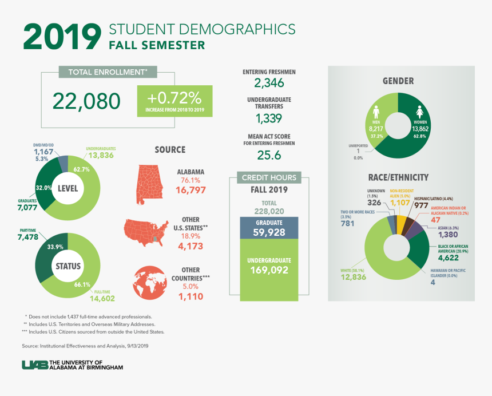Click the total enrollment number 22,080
(87, 101)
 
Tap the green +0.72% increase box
(175, 101)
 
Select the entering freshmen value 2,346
(269, 84)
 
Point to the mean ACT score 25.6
(269, 155)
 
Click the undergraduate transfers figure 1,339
(269, 118)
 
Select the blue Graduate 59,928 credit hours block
(269, 228)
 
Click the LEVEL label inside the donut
(68, 188)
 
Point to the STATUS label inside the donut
(68, 266)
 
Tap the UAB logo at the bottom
(34, 365)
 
